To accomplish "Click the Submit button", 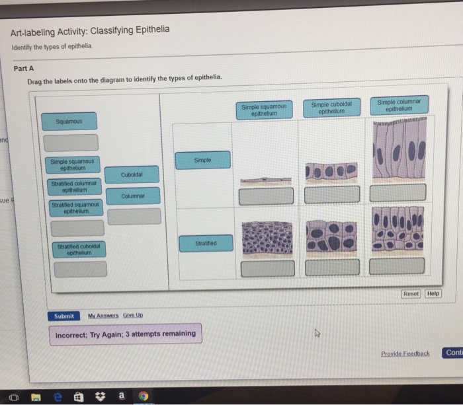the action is click(63, 316).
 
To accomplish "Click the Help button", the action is click(433, 293).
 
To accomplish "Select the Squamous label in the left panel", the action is click(69, 122).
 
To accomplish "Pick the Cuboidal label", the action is click(131, 174).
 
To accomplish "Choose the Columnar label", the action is click(134, 196).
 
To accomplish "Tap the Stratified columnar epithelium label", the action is click(73, 186).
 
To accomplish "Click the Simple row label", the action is click(203, 160).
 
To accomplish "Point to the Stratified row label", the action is click(205, 243).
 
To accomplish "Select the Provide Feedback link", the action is click(405, 353).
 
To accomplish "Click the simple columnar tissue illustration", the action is click(398, 151).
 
